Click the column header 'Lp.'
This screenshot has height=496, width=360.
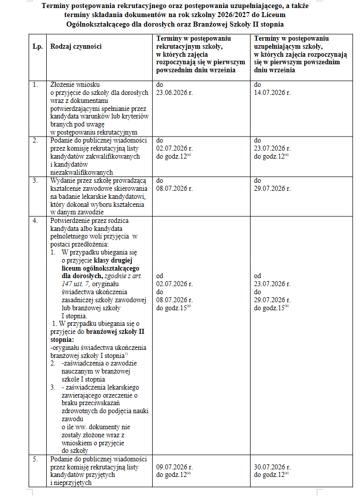tap(37, 46)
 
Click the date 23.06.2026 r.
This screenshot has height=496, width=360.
tap(174, 93)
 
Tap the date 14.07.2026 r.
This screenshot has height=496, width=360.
tap(272, 93)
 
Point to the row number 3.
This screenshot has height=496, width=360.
tap(36, 180)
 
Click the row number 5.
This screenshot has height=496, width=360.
tap(36, 459)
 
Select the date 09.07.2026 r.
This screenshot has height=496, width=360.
tap(174, 467)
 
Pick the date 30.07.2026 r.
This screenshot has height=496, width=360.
tap(272, 467)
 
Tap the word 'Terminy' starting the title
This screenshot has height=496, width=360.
tap(56, 7)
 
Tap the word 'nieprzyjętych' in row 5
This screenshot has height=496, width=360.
tap(73, 482)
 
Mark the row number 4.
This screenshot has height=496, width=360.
tap(36, 220)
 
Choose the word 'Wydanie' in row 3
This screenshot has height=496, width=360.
tap(62, 180)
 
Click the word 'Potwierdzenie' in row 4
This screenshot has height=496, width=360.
tap(69, 220)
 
